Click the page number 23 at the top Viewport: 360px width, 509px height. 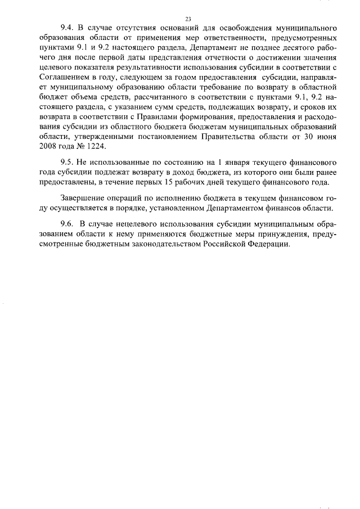pyautogui.click(x=180, y=19)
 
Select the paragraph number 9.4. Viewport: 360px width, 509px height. pyautogui.click(x=67, y=28)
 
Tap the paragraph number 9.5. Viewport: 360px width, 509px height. pyautogui.click(x=67, y=162)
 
